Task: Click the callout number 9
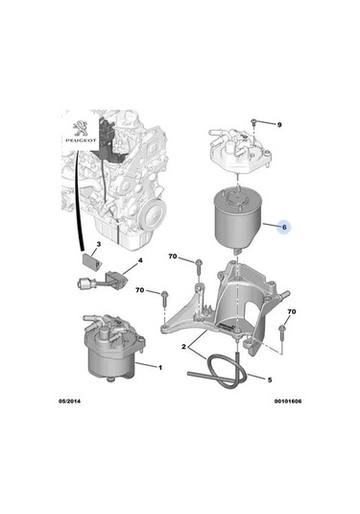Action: pyautogui.click(x=280, y=126)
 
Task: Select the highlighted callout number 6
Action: pyautogui.click(x=282, y=229)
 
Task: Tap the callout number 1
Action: pyautogui.click(x=160, y=368)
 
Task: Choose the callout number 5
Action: pyautogui.click(x=269, y=379)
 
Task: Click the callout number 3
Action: pyautogui.click(x=97, y=246)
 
